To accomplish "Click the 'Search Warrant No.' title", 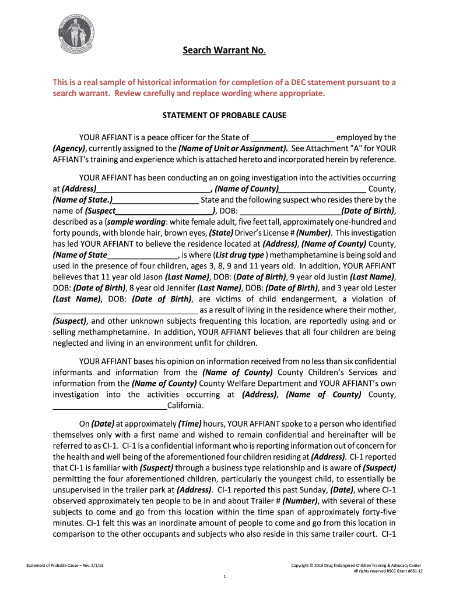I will coord(224,51).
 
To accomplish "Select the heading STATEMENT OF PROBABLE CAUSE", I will coord(224,115).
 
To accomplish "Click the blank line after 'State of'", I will coord(293,138).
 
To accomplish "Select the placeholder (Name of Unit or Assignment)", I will coord(233,148).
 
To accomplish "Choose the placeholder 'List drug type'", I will coord(240,255).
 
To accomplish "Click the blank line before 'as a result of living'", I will coord(125,310).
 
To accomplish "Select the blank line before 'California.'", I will coord(110,406).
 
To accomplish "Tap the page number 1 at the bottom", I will coord(224,577).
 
